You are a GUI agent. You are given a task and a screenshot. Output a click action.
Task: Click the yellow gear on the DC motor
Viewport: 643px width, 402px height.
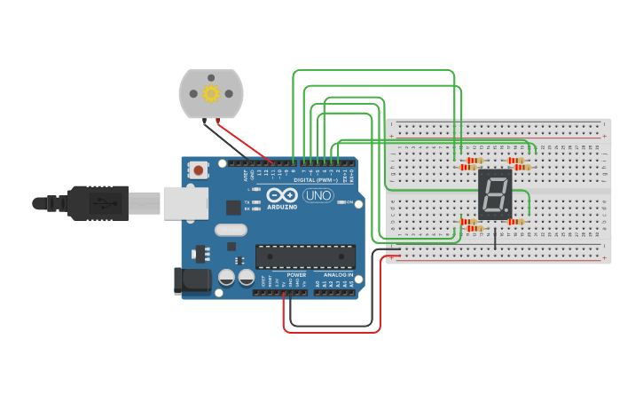211,93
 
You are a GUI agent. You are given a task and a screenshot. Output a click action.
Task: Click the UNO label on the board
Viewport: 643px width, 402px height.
318,195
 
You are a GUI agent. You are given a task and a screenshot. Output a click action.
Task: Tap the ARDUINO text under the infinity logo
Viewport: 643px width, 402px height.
282,207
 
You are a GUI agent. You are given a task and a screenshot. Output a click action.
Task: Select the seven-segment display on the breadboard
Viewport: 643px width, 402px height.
494,194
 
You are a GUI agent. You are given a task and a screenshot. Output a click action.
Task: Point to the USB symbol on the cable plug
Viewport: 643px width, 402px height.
105,203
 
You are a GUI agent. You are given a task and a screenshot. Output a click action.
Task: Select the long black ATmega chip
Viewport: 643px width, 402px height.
305,256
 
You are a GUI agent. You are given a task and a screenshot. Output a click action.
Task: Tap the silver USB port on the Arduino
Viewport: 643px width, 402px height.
184,203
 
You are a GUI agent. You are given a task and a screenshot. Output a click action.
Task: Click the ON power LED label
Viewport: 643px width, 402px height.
349,202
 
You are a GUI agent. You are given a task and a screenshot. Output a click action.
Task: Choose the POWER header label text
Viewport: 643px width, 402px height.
296,275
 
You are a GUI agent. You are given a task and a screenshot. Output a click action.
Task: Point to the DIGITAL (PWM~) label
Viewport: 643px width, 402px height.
318,179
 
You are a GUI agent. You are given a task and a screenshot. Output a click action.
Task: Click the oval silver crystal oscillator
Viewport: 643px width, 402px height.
231,230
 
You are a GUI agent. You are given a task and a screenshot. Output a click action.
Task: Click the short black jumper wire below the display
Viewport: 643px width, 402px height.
495,238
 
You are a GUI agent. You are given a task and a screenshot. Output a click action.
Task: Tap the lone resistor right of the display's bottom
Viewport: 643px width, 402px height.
515,222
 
